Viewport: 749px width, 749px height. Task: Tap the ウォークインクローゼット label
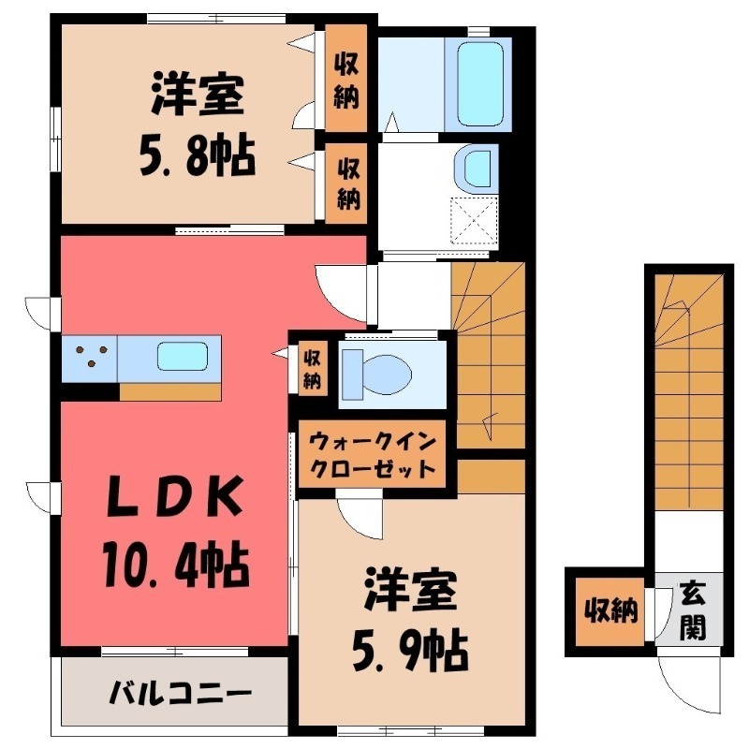click(x=373, y=453)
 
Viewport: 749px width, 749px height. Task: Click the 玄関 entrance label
click(x=693, y=610)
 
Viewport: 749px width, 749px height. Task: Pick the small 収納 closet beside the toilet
click(x=312, y=369)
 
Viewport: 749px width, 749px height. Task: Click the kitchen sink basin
click(x=183, y=357)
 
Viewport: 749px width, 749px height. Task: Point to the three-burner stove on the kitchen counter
click(x=90, y=357)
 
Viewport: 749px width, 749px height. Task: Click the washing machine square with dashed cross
click(x=475, y=221)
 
